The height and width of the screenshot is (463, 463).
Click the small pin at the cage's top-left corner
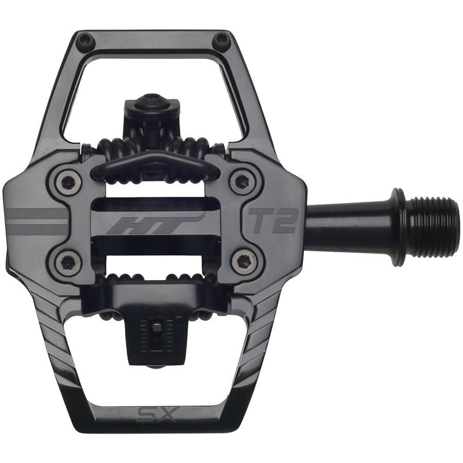86,40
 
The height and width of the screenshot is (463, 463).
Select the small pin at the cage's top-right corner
221,40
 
